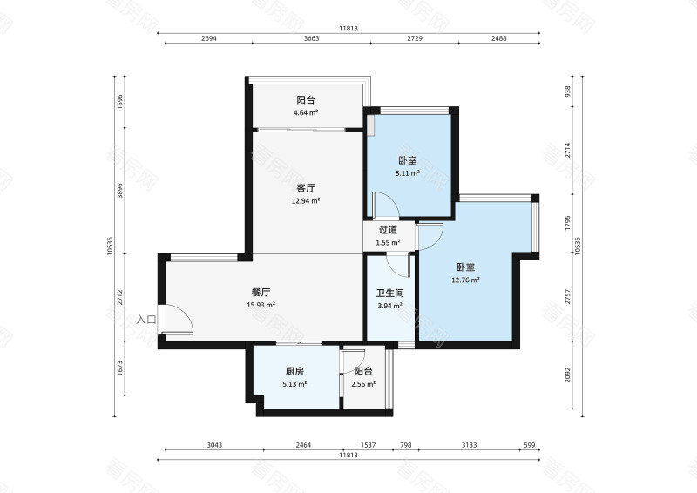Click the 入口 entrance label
(146, 319)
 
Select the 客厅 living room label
(306, 188)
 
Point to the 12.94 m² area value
(306, 201)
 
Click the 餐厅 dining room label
(261, 292)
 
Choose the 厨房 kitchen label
(294, 371)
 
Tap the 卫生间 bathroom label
(389, 293)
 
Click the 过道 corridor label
(388, 230)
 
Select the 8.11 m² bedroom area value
(408, 173)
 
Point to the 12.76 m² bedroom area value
(465, 280)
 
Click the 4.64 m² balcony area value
(306, 113)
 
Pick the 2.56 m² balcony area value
(363, 384)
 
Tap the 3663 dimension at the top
(312, 38)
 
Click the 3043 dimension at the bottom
(214, 445)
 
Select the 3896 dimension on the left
(120, 190)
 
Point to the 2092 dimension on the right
(568, 375)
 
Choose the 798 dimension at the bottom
(406, 445)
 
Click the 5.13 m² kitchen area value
(294, 384)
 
